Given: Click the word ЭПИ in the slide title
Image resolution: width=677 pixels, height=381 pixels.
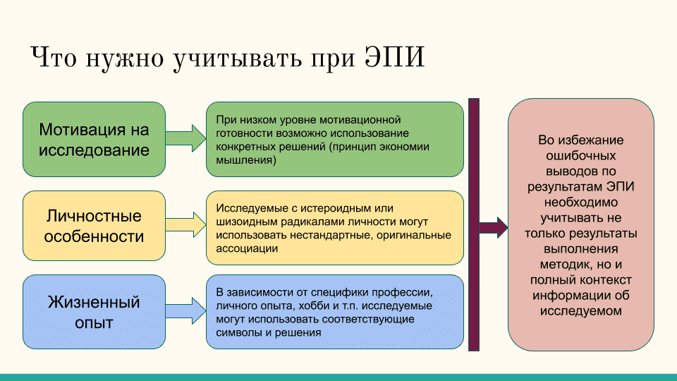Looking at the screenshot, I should click(395, 58).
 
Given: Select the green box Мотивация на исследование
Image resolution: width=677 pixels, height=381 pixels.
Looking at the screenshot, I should click(94, 140).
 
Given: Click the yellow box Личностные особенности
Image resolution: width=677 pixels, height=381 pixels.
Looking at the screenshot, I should click(94, 226).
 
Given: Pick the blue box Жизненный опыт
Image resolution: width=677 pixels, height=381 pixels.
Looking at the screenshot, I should click(94, 313).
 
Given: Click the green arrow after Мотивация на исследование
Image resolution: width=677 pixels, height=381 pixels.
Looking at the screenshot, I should click(185, 138).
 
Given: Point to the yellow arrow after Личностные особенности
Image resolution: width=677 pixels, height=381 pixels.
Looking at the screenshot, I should click(185, 225).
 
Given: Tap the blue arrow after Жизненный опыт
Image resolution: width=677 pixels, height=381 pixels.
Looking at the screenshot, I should click(185, 312).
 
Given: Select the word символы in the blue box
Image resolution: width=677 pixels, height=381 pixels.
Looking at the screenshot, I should click(237, 333).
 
